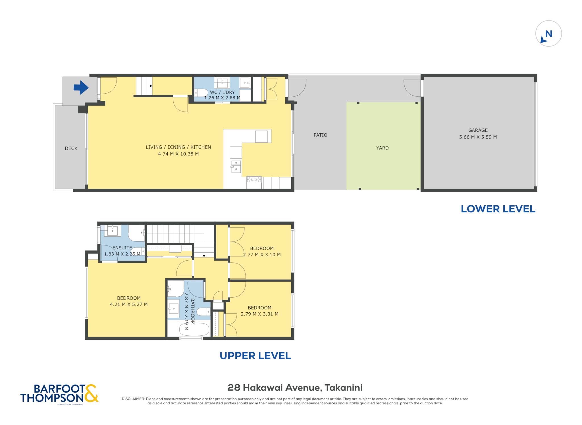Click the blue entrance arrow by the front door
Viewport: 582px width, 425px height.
click(x=81, y=87)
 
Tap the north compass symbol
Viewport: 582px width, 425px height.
click(x=548, y=34)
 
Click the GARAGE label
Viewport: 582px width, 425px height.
click(x=478, y=130)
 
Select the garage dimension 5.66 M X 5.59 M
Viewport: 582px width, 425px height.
click(x=478, y=137)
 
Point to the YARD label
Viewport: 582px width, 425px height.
click(x=382, y=148)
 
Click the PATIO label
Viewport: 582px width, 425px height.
click(x=320, y=135)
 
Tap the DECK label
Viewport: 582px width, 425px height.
click(x=71, y=148)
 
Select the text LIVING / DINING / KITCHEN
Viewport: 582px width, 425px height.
click(x=178, y=147)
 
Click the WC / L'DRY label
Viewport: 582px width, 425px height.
click(x=222, y=92)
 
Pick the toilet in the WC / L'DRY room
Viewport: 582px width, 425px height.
click(x=201, y=93)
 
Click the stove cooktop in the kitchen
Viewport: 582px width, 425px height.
click(x=254, y=179)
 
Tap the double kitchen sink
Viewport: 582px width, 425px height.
click(x=236, y=166)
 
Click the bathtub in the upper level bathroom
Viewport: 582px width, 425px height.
click(x=194, y=329)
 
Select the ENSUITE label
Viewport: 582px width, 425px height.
click(x=122, y=248)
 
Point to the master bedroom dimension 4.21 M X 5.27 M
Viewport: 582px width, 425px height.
click(x=129, y=304)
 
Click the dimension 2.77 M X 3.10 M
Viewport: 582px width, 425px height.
click(x=262, y=255)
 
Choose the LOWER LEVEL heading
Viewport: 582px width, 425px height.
click(x=498, y=209)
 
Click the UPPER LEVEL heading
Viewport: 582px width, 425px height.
click(x=255, y=356)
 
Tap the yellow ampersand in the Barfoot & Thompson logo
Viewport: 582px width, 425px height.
click(x=91, y=393)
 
